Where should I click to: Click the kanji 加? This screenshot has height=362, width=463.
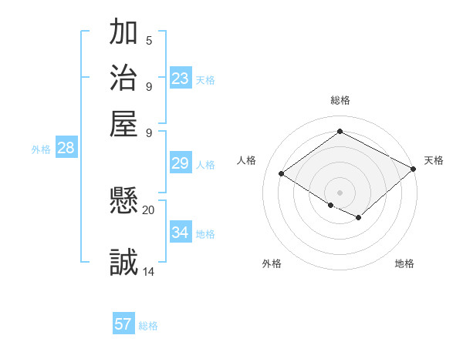(123, 32)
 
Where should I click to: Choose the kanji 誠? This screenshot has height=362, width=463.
(123, 262)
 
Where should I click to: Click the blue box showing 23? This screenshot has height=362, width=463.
(181, 78)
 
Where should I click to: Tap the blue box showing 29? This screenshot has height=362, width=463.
(181, 163)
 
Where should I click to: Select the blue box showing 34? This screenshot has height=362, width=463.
(181, 232)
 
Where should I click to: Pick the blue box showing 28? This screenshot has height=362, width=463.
(66, 149)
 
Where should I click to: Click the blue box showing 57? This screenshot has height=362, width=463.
(123, 324)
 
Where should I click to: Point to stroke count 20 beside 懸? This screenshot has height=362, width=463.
(149, 209)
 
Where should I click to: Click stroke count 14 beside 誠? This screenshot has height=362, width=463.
(149, 270)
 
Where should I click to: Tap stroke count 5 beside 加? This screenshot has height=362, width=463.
(149, 40)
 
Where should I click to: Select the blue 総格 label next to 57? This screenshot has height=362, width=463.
(148, 326)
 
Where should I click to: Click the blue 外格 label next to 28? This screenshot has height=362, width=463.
(41, 150)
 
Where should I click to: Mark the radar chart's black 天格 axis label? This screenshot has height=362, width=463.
(434, 160)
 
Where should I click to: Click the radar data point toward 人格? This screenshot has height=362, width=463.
(282, 174)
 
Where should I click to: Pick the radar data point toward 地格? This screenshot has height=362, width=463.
(358, 219)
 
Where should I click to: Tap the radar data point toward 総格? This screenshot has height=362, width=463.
(340, 131)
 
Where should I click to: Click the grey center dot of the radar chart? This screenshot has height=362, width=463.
(340, 192)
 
